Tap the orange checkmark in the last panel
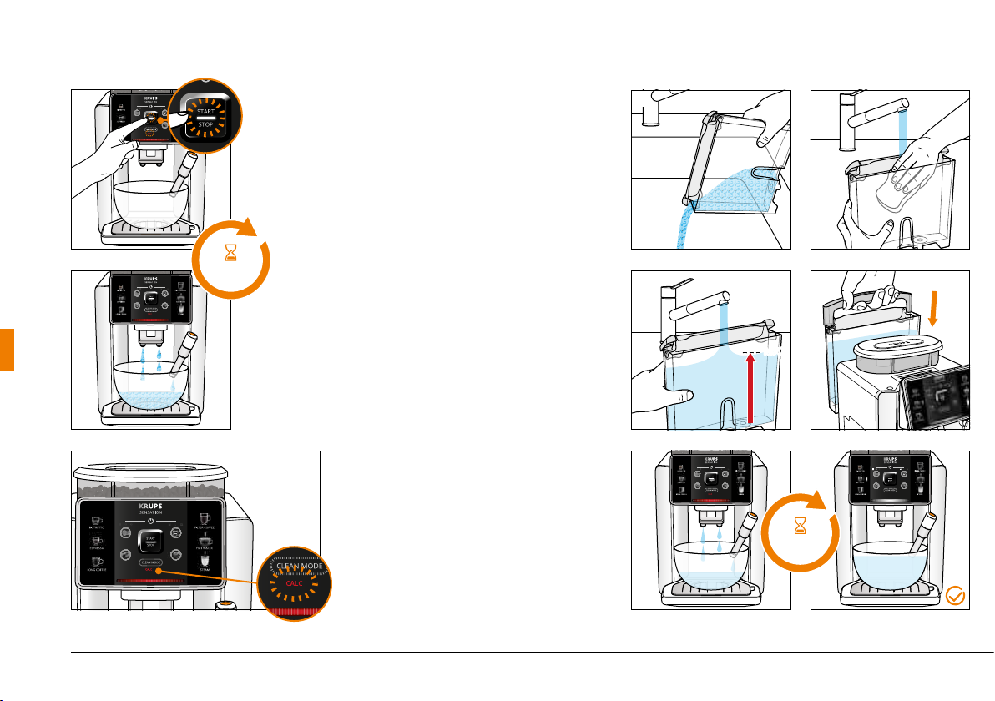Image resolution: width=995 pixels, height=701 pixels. (957, 596)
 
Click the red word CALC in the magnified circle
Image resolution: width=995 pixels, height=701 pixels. (294, 582)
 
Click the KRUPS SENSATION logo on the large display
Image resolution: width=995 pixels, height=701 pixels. (150, 510)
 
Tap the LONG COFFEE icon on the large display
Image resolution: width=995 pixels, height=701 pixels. (98, 564)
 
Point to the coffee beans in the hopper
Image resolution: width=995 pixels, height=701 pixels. (150, 486)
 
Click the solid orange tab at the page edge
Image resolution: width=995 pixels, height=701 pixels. (6, 350)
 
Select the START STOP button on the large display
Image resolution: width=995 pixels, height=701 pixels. (150, 542)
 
